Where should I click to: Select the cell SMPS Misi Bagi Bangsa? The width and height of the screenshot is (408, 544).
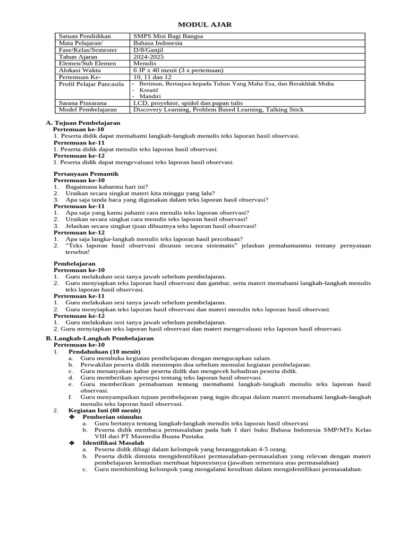pos(160,36)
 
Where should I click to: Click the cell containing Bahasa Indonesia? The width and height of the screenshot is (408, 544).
pos(158,43)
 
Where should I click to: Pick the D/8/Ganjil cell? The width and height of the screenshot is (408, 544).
pos(149,50)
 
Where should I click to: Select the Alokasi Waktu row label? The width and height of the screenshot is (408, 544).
pos(80,70)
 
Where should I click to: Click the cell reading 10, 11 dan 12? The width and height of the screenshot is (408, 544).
pos(152,77)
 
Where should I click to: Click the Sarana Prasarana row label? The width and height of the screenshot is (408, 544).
pos(82,103)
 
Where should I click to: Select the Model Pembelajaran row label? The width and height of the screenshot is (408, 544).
pos(86,110)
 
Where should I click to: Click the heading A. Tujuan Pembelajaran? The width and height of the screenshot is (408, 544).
pos(83,123)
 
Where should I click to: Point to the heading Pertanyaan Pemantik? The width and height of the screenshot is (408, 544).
pos(86,174)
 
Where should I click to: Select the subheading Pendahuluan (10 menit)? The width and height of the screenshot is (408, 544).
pos(104,351)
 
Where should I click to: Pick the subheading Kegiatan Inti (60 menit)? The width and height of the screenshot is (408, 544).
pos(105,411)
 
